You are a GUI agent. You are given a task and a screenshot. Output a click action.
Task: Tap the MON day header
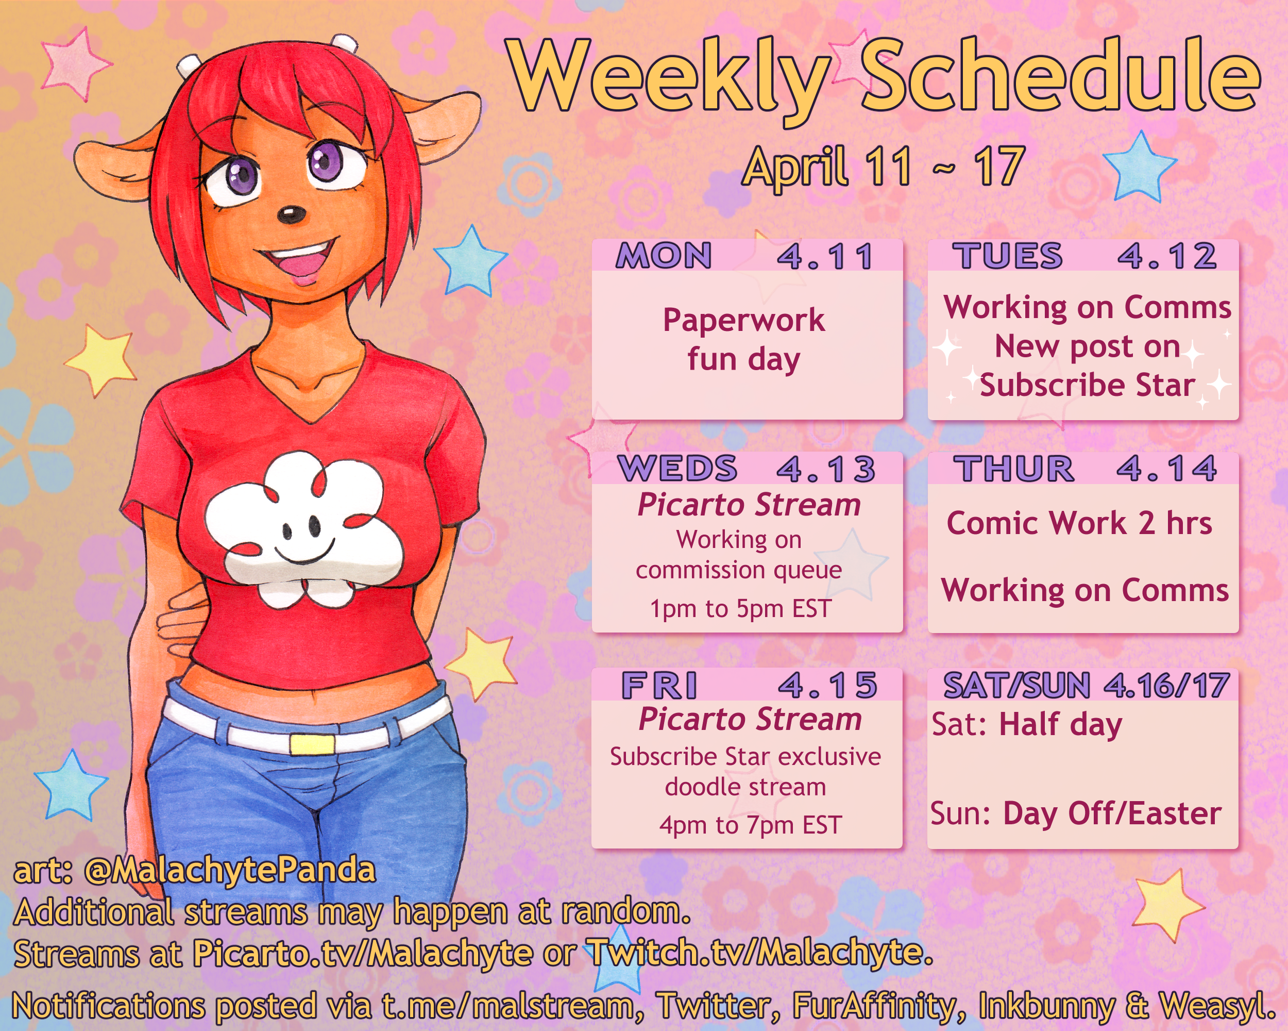tap(664, 256)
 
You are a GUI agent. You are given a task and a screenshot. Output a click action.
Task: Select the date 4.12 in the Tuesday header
tap(1167, 256)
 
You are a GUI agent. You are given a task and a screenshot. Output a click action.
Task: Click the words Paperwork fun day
tap(744, 340)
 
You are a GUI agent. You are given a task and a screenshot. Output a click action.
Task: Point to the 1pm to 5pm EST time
tap(741, 609)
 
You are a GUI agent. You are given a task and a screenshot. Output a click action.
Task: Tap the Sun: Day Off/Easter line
tap(1076, 813)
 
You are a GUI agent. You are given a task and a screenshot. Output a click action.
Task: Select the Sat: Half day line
tap(1027, 725)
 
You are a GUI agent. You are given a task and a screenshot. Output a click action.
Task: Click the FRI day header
tap(659, 685)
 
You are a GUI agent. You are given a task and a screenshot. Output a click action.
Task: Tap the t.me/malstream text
tap(508, 1005)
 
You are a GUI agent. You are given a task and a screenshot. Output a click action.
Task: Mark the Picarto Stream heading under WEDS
tap(749, 505)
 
